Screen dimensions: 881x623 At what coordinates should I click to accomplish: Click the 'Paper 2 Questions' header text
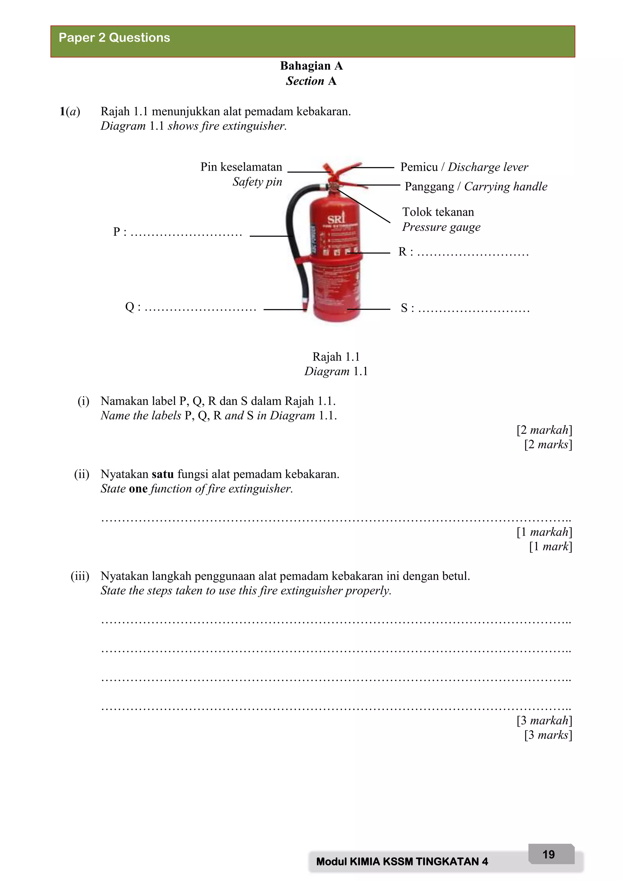tap(114, 38)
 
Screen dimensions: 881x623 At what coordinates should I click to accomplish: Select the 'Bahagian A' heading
tap(311, 66)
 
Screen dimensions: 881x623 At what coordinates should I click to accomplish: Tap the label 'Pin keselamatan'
tap(241, 167)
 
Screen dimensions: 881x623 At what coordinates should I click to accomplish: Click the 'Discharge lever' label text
tap(488, 167)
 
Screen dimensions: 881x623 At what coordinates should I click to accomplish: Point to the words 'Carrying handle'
tap(506, 186)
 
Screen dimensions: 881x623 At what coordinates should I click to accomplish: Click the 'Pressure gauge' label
tap(441, 227)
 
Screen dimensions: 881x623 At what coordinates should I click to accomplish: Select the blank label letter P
tap(117, 232)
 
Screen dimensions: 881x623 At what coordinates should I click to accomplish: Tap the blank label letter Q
tap(130, 307)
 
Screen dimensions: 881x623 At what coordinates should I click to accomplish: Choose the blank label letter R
tap(402, 252)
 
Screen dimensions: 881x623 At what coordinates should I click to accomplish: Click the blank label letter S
tap(404, 308)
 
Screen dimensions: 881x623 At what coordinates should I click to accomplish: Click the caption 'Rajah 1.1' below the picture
tap(336, 357)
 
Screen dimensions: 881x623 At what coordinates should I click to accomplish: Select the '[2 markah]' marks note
tap(544, 430)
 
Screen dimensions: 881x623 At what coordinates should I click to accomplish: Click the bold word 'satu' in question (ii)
tap(163, 474)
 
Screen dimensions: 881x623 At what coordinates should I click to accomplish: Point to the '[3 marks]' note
tap(548, 735)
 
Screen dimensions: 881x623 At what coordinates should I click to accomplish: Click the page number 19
tap(548, 855)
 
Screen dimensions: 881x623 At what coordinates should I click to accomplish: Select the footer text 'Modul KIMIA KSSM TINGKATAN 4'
tap(402, 862)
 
